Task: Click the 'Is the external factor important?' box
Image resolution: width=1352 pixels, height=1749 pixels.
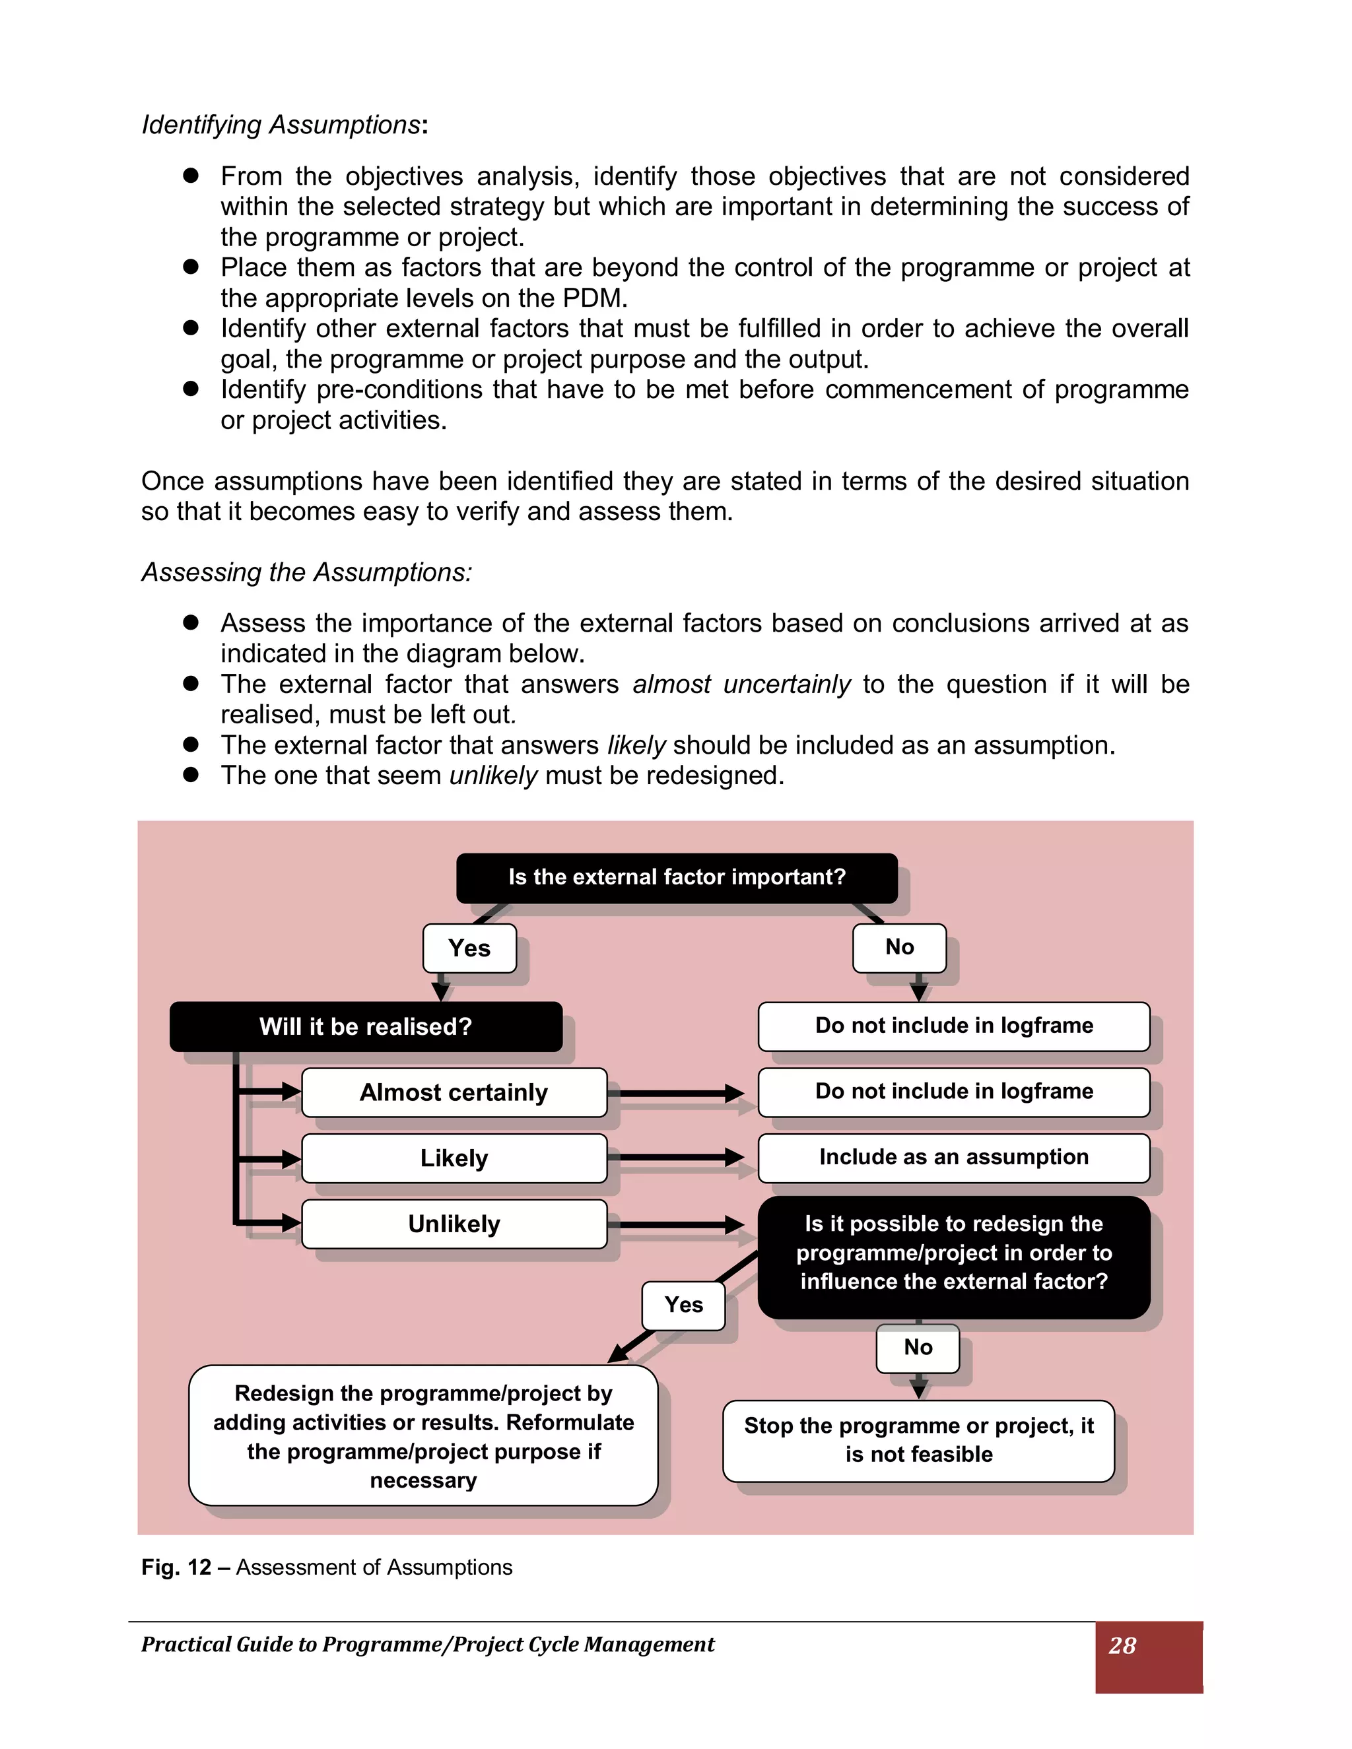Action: (x=677, y=877)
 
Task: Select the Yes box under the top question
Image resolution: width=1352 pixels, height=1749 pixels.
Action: (x=469, y=948)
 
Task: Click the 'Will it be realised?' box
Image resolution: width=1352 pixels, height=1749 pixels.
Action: (x=365, y=1027)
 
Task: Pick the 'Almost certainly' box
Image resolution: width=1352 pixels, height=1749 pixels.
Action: (x=454, y=1092)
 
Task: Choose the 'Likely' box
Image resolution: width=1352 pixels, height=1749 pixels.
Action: (x=454, y=1158)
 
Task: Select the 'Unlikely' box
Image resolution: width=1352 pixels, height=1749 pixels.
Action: (x=454, y=1224)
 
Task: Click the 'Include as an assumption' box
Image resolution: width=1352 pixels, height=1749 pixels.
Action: (x=953, y=1157)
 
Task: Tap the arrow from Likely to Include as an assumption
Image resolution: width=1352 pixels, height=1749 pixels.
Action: (x=681, y=1157)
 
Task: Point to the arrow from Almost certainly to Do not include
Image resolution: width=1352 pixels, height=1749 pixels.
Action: (x=681, y=1092)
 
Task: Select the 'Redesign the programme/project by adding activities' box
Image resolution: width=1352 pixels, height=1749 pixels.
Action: (x=423, y=1436)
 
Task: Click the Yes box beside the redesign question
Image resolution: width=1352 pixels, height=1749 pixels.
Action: (x=683, y=1305)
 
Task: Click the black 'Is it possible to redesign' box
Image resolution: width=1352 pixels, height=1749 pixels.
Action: (x=953, y=1253)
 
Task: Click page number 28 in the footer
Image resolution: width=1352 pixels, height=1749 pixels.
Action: (x=1122, y=1645)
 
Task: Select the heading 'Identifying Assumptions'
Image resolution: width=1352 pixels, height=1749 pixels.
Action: (x=281, y=125)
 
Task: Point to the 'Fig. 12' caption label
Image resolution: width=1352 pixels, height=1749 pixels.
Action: (x=176, y=1567)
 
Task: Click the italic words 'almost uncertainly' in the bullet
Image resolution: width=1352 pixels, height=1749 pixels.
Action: (x=741, y=684)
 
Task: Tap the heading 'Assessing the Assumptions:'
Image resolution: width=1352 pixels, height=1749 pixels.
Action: (x=307, y=573)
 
